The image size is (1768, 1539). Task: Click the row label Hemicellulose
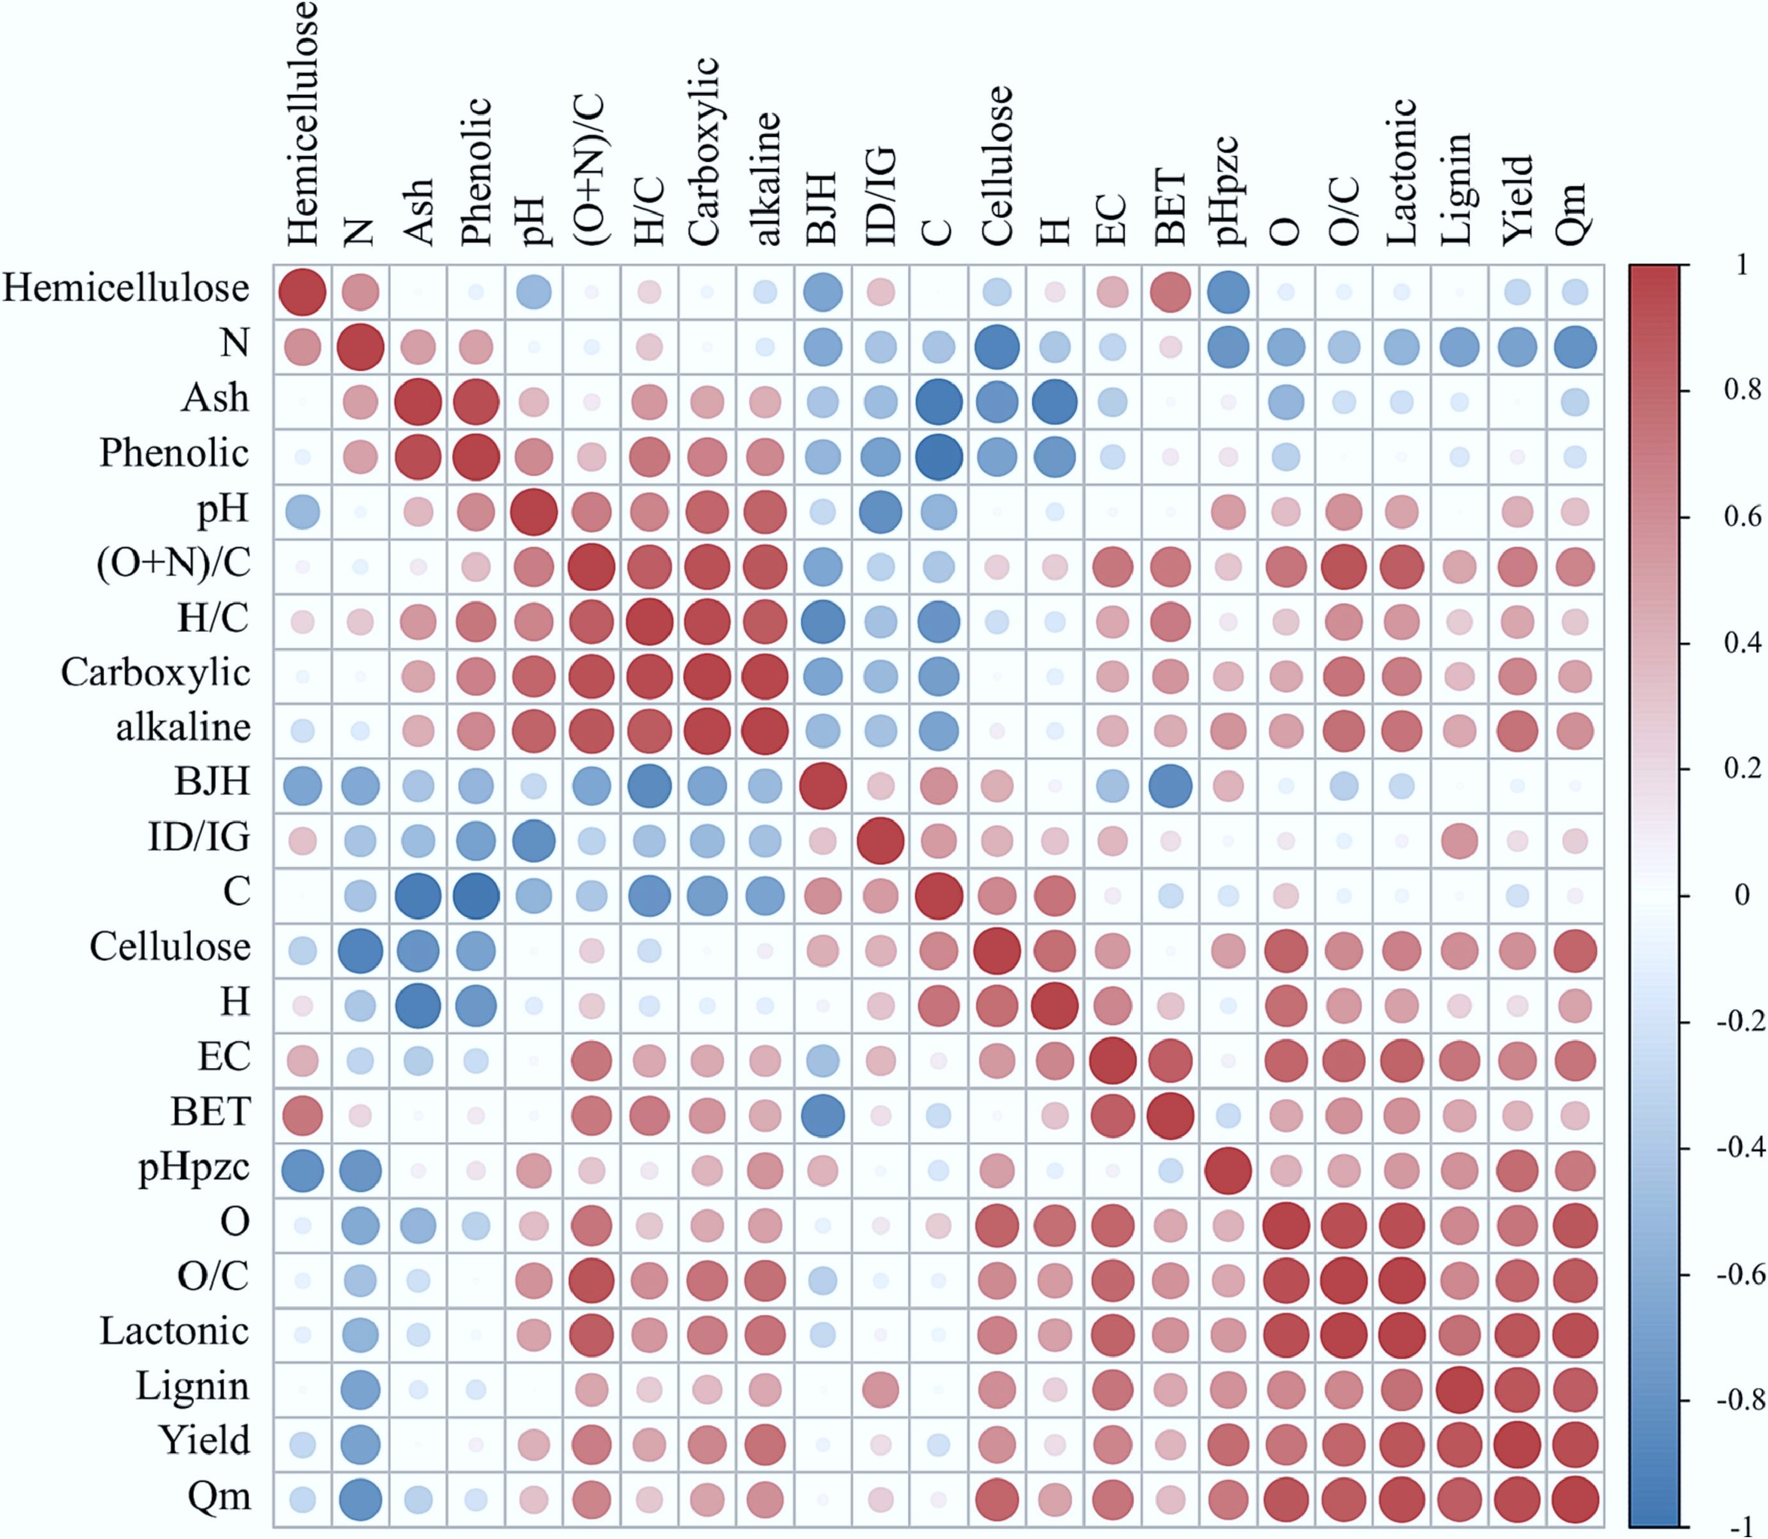point(126,289)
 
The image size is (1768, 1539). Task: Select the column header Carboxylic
point(704,152)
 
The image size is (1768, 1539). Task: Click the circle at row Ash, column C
point(938,401)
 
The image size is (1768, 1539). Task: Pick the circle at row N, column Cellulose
point(996,347)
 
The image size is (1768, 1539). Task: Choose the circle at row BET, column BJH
point(823,1115)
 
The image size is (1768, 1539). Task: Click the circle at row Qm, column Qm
point(1575,1500)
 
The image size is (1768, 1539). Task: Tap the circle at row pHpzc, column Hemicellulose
point(302,1170)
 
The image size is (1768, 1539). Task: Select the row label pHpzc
point(193,1169)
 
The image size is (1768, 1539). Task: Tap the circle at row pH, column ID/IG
point(880,512)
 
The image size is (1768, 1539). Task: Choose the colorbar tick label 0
point(1741,896)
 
